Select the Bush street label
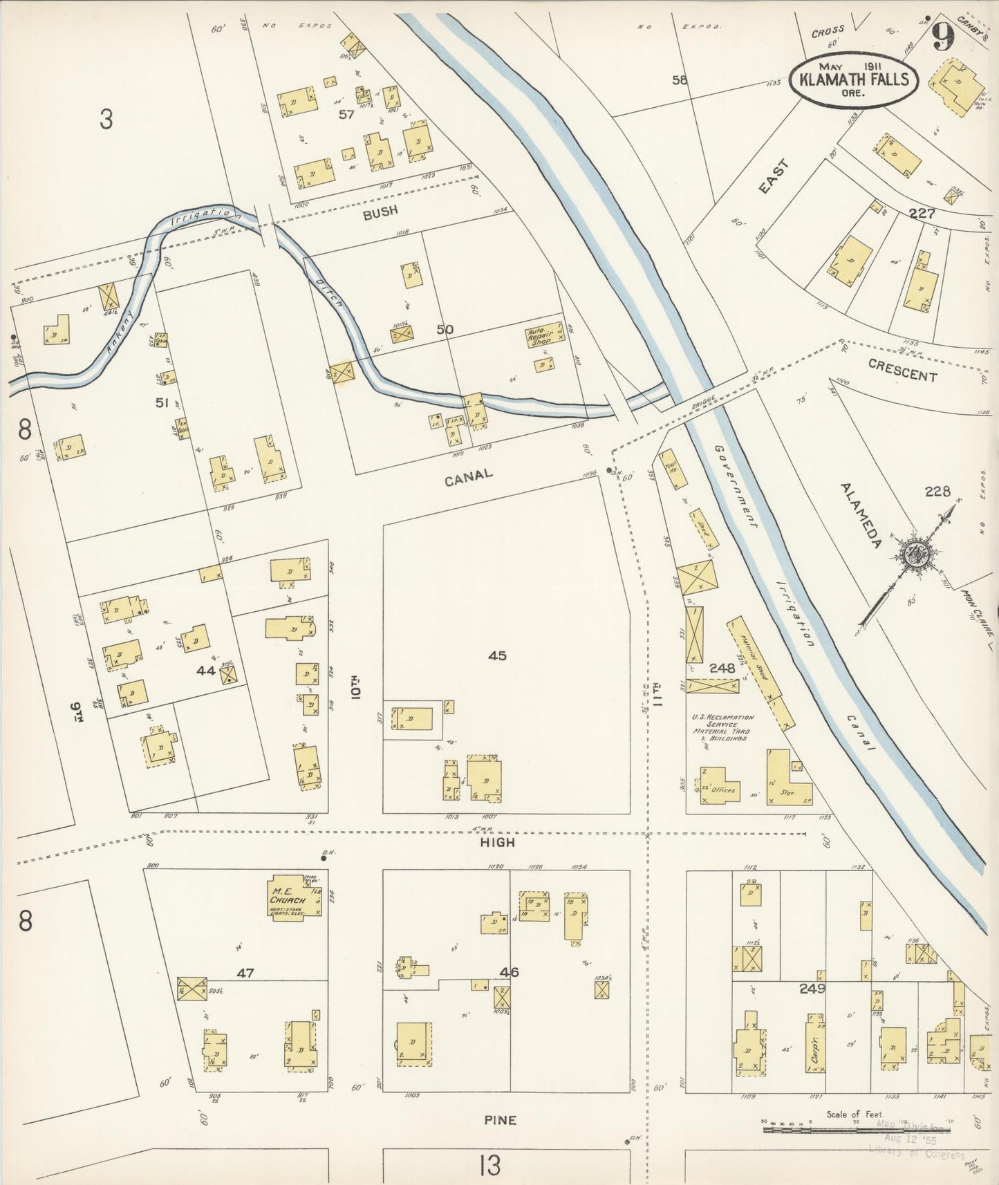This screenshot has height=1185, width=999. pyautogui.click(x=380, y=212)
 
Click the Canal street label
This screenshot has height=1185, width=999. pyautogui.click(x=469, y=476)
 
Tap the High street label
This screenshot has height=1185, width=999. pyautogui.click(x=498, y=842)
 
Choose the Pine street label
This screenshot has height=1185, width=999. pyautogui.click(x=500, y=1120)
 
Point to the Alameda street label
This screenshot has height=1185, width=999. pyautogui.click(x=861, y=516)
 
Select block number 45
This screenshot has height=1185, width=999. pyautogui.click(x=497, y=655)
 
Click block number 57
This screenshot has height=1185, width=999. pyautogui.click(x=346, y=115)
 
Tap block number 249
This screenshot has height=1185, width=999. pyautogui.click(x=812, y=989)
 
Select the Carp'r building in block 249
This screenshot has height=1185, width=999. pyautogui.click(x=814, y=1044)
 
